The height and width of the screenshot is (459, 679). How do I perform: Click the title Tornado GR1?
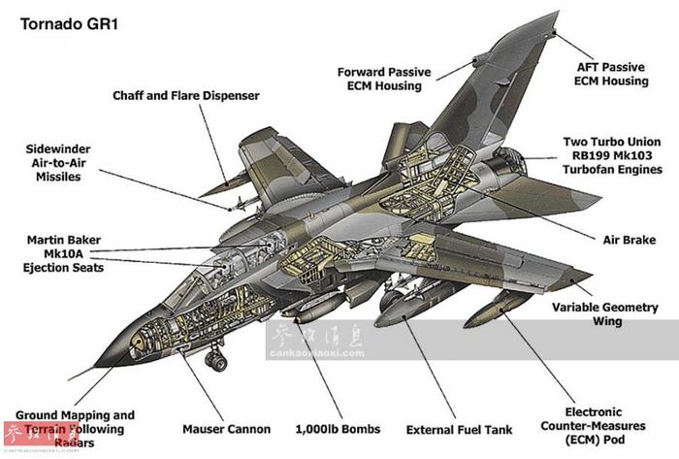click(69, 24)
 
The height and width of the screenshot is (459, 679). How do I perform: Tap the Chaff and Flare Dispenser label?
click(186, 96)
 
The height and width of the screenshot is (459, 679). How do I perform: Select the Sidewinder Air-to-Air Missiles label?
click(58, 163)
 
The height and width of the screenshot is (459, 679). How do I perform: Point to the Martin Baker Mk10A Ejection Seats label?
click(63, 253)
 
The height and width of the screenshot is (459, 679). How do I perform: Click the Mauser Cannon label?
click(226, 429)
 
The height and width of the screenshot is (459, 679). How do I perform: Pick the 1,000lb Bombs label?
click(338, 429)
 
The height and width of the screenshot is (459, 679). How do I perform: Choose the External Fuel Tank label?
click(459, 430)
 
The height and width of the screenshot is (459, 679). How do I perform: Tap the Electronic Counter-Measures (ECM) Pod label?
click(594, 426)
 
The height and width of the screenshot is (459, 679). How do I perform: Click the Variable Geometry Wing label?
click(605, 314)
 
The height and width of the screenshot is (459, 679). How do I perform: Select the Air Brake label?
click(630, 240)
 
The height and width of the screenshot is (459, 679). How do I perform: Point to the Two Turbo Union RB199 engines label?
click(612, 155)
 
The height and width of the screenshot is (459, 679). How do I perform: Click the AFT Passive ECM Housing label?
click(611, 74)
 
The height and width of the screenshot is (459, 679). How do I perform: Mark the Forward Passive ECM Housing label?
click(384, 79)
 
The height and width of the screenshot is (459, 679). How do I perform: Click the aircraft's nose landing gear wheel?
click(216, 360)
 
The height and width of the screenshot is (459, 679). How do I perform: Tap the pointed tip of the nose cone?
click(95, 366)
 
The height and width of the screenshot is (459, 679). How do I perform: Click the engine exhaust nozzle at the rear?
click(510, 162)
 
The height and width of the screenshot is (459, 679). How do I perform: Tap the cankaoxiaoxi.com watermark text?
click(317, 353)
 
